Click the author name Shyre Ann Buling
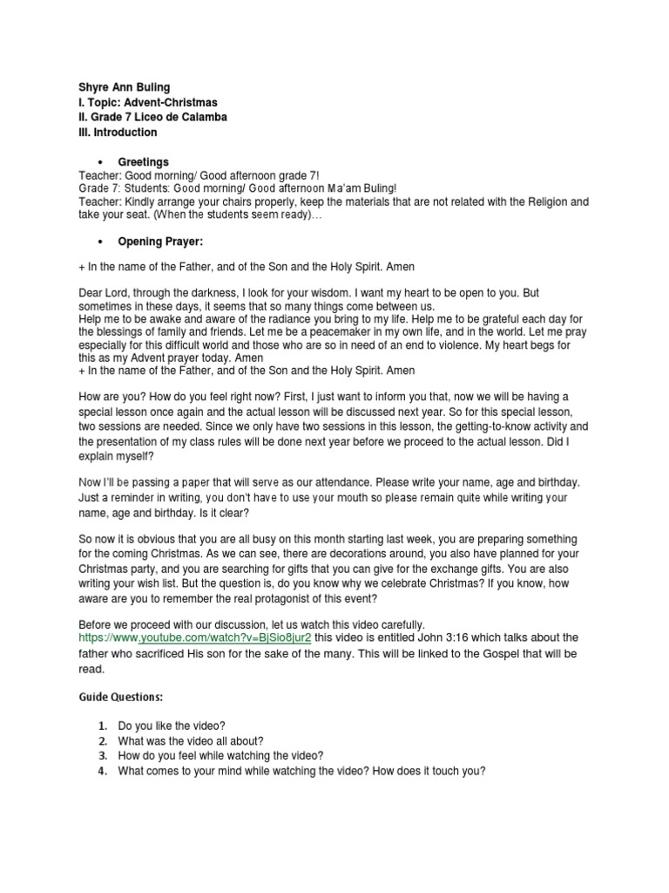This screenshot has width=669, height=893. pos(124,87)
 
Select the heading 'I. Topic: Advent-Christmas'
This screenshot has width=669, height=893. pos(147,102)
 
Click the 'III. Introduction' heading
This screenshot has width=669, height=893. pos(118,133)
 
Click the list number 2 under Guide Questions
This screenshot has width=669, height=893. pos(102,741)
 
